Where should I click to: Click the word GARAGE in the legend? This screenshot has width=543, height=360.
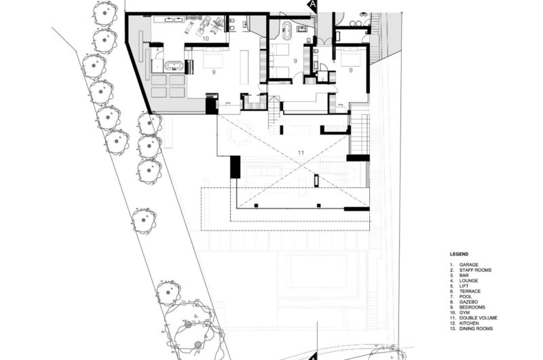[x=469, y=264]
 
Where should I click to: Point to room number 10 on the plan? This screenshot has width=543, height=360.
[x=205, y=40]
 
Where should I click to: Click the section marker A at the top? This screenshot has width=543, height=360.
[x=313, y=4]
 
